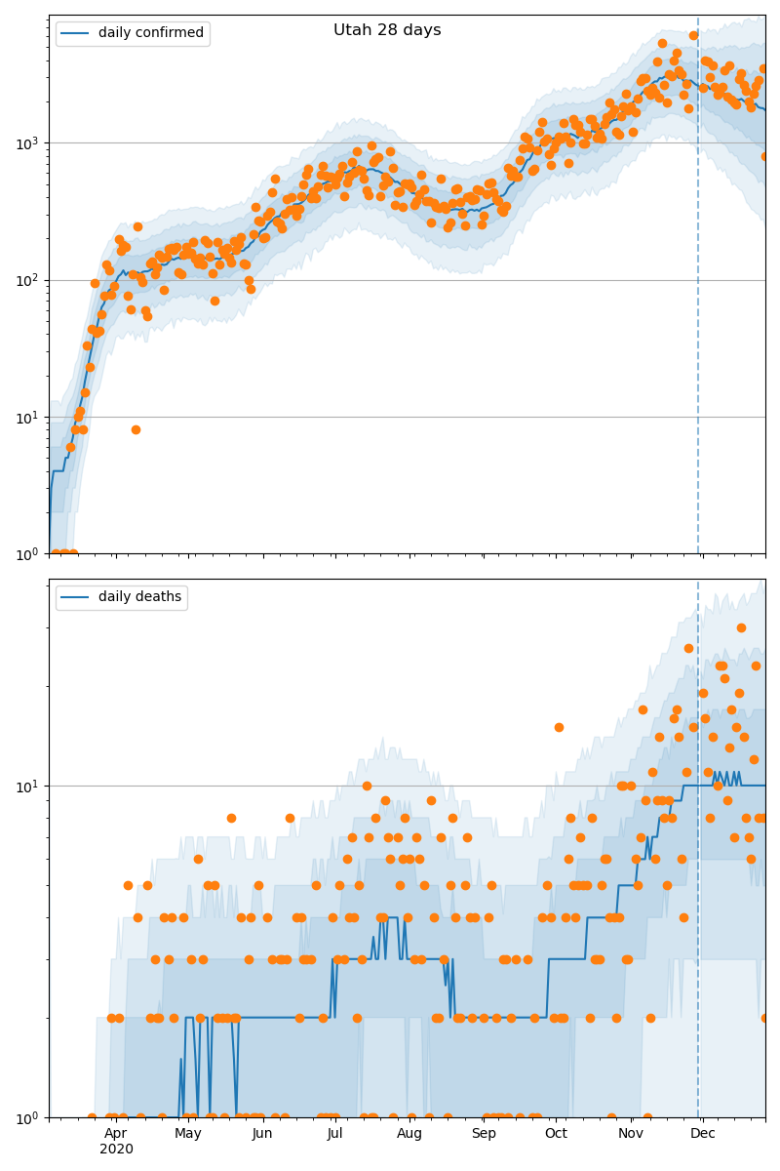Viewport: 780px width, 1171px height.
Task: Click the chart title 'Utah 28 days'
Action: point(387,30)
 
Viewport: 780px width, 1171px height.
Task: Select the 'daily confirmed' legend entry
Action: point(150,33)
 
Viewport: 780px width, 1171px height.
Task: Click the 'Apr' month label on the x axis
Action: point(116,1134)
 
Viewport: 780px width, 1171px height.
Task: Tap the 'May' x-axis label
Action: point(188,1134)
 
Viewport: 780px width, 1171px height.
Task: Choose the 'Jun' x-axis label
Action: point(262,1134)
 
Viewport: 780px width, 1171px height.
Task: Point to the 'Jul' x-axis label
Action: point(335,1134)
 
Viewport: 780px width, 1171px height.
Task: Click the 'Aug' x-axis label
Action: point(409,1134)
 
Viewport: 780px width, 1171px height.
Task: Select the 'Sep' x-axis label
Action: point(484,1134)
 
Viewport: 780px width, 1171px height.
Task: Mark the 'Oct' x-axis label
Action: point(556,1134)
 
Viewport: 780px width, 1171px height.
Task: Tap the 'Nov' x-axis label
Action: point(631,1134)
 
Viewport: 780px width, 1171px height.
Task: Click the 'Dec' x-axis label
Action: point(703,1134)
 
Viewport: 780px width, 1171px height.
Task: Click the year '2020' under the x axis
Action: point(116,1150)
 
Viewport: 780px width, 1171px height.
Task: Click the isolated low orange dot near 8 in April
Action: point(136,429)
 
